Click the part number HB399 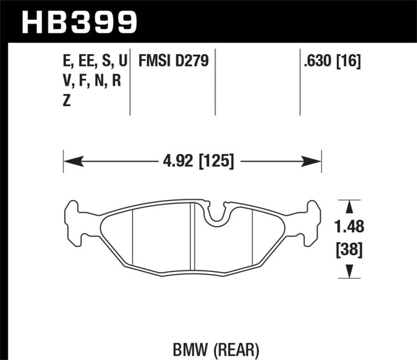pos(79,22)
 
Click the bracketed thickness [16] pos(350,62)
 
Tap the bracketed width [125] pos(214,160)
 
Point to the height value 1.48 pos(347,228)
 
